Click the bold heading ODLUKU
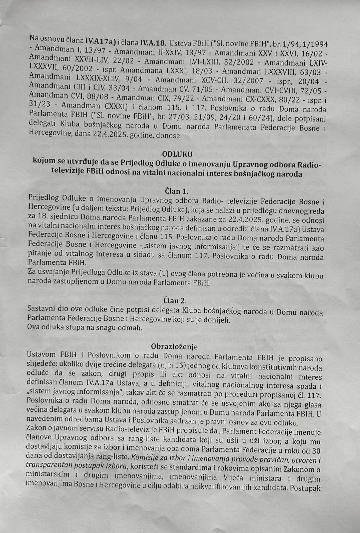[177, 154]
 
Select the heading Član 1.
[177, 191]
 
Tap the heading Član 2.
[175, 300]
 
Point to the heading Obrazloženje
[174, 346]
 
